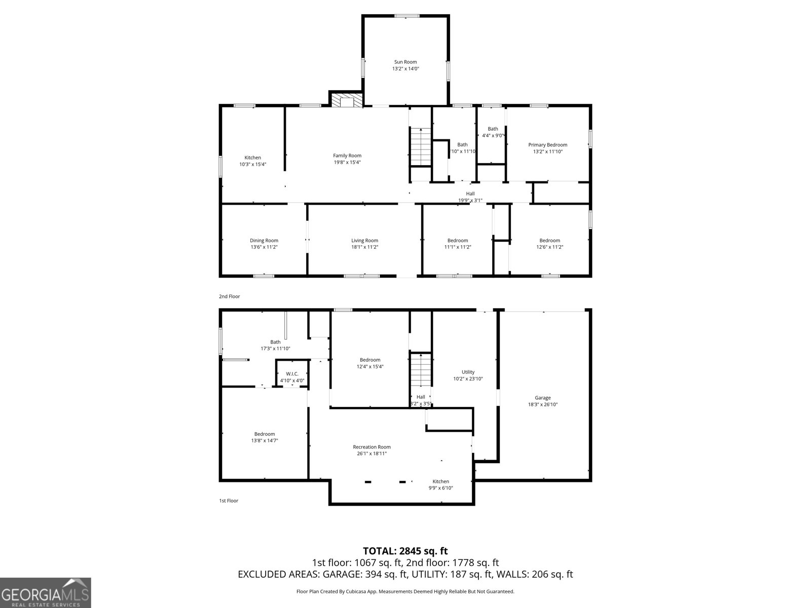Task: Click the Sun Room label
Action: click(x=405, y=62)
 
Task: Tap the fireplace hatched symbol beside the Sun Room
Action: click(x=347, y=100)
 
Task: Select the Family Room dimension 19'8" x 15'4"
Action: click(x=347, y=163)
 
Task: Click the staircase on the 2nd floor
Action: click(x=420, y=146)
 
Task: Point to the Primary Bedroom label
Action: click(x=547, y=145)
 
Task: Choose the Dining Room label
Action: click(x=264, y=241)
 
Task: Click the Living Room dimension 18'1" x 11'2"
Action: click(x=364, y=247)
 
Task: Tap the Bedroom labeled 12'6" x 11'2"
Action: click(x=549, y=244)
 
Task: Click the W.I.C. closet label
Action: click(x=292, y=374)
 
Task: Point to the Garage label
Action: click(x=542, y=398)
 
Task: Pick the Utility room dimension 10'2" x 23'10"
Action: click(x=468, y=379)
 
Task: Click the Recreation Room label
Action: click(x=372, y=447)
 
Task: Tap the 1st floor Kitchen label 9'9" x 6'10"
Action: click(x=440, y=484)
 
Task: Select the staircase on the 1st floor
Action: click(x=420, y=370)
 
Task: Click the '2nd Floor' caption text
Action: click(x=229, y=296)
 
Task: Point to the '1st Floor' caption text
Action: click(x=228, y=501)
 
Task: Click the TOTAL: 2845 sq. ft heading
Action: click(x=405, y=551)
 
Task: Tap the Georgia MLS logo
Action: click(x=45, y=592)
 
